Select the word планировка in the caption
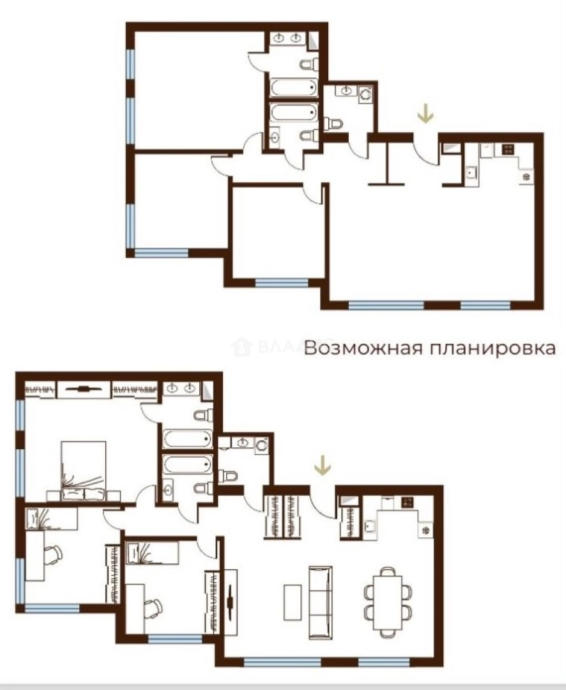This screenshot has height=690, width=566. (x=486, y=349)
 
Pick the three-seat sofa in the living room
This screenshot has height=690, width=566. (x=320, y=601)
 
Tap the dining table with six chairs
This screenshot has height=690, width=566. (x=388, y=601)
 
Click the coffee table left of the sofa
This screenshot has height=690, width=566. (x=293, y=601)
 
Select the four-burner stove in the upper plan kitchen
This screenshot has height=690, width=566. (x=509, y=149)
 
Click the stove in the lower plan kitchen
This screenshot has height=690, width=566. (x=407, y=502)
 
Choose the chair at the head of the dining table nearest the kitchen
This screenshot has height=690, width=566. (x=388, y=571)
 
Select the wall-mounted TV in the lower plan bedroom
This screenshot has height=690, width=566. (x=83, y=388)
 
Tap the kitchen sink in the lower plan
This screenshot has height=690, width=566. (x=370, y=526)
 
